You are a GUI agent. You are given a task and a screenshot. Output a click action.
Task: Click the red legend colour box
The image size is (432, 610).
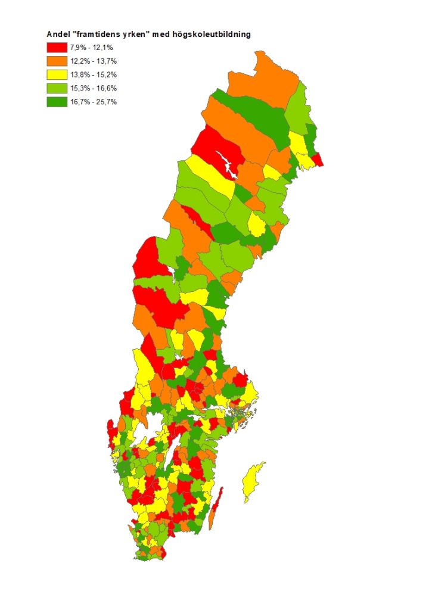coord(57,48)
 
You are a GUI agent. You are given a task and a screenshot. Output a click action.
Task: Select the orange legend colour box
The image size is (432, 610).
coord(57,61)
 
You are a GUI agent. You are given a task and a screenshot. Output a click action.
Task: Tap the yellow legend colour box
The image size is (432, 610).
coord(57,74)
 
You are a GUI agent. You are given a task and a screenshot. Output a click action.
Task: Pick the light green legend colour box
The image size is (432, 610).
coord(57,88)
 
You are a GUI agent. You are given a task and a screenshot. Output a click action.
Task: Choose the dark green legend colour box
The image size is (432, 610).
coord(57,102)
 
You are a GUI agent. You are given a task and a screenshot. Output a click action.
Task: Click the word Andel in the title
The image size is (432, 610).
coord(58,35)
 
